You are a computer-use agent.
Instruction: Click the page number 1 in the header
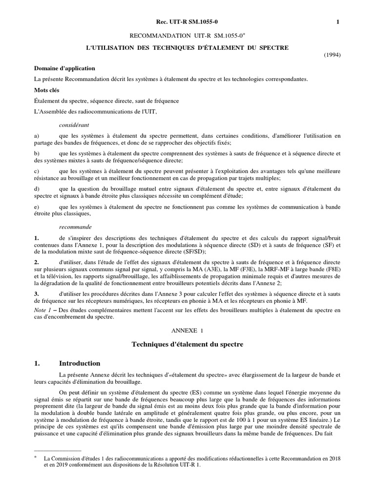338,21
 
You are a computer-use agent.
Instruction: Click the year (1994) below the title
332,55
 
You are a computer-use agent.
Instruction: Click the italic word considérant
74,125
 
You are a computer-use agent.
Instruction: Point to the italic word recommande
75,227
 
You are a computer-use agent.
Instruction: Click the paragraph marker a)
37,136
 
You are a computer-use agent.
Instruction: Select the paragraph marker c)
37,171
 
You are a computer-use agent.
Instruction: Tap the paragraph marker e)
37,207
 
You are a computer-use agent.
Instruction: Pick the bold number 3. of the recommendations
37,293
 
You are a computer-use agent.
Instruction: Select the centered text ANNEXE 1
187,331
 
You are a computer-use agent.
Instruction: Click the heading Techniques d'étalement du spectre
187,345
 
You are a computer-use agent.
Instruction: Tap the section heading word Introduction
80,363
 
